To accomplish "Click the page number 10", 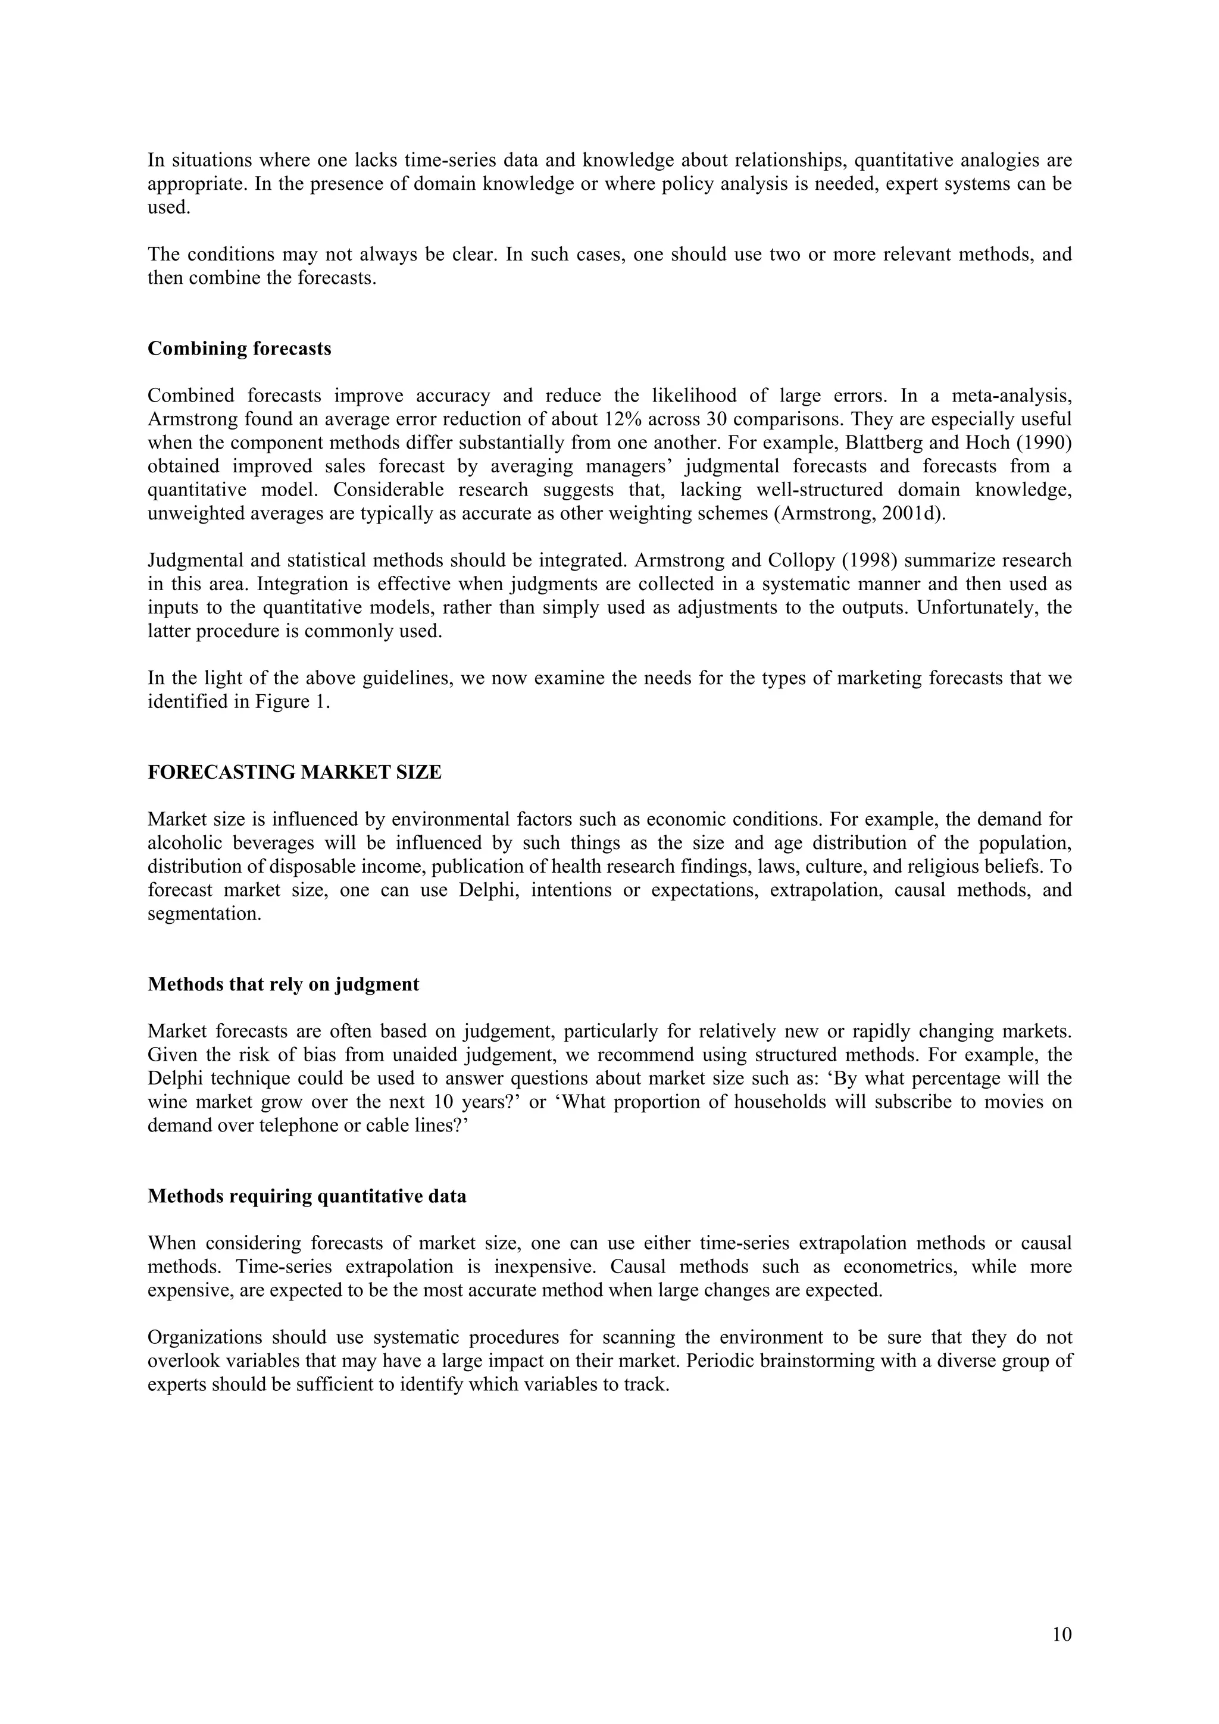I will pyautogui.click(x=1061, y=1635).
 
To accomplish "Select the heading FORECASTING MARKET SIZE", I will pyautogui.click(x=295, y=773).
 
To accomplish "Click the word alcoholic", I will pyautogui.click(x=183, y=843).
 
